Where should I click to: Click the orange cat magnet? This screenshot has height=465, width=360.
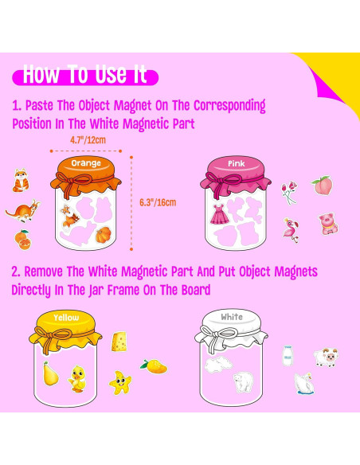tap(21, 180)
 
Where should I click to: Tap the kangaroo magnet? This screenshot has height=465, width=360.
tap(23, 211)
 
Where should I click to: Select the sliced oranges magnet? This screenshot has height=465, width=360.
tap(22, 240)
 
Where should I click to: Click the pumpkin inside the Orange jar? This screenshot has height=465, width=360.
tap(104, 234)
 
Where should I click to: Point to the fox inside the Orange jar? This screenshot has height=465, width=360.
tap(69, 216)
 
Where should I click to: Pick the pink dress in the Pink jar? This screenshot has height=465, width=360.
tap(220, 214)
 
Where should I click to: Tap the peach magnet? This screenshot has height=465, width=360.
tap(323, 186)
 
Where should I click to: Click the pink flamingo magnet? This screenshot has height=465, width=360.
tap(291, 230)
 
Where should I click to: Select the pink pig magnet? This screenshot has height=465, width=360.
tap(328, 224)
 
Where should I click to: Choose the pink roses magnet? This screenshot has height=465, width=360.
tap(289, 193)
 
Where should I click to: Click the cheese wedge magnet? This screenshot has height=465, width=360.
tap(119, 342)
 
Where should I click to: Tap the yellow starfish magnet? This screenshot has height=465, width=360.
tap(120, 382)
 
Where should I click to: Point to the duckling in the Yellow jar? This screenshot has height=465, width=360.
tap(76, 379)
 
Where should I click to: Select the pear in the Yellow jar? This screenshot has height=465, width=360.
tap(50, 373)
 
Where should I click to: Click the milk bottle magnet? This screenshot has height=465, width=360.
tap(288, 355)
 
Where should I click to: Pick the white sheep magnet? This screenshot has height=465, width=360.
tap(326, 357)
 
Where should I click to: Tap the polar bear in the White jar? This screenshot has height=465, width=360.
tap(244, 382)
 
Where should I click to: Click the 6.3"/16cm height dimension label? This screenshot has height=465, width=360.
tap(158, 202)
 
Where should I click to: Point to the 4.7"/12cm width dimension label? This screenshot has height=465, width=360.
tap(88, 139)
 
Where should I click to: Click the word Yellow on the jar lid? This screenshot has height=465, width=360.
tap(66, 318)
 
